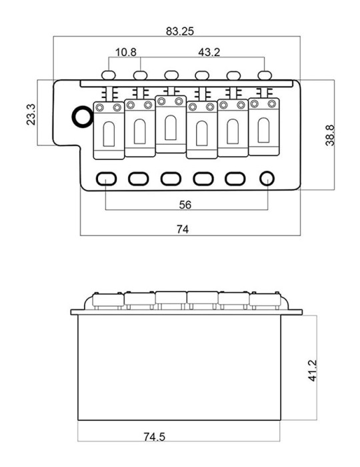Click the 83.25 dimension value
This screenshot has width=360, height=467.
[180, 31]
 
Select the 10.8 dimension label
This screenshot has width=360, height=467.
[125, 52]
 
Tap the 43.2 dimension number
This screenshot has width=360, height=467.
[209, 52]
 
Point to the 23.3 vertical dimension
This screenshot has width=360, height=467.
[31, 114]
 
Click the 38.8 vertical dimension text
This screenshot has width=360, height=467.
[329, 135]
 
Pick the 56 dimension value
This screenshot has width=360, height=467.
[185, 205]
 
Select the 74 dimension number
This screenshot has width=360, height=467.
[183, 229]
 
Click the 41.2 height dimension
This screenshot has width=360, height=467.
[313, 370]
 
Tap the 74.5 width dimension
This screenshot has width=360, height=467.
[154, 437]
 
